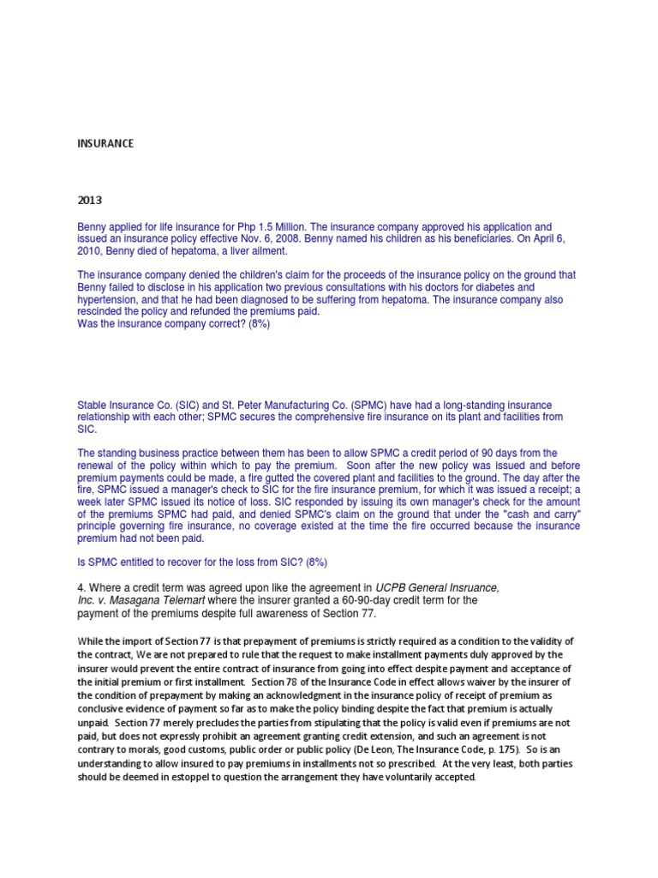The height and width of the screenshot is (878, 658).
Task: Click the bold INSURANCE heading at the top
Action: [105, 144]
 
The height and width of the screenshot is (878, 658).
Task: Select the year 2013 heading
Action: [89, 201]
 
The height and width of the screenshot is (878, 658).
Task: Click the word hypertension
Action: [107, 300]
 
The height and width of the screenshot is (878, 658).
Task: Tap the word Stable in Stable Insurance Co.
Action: [93, 405]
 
